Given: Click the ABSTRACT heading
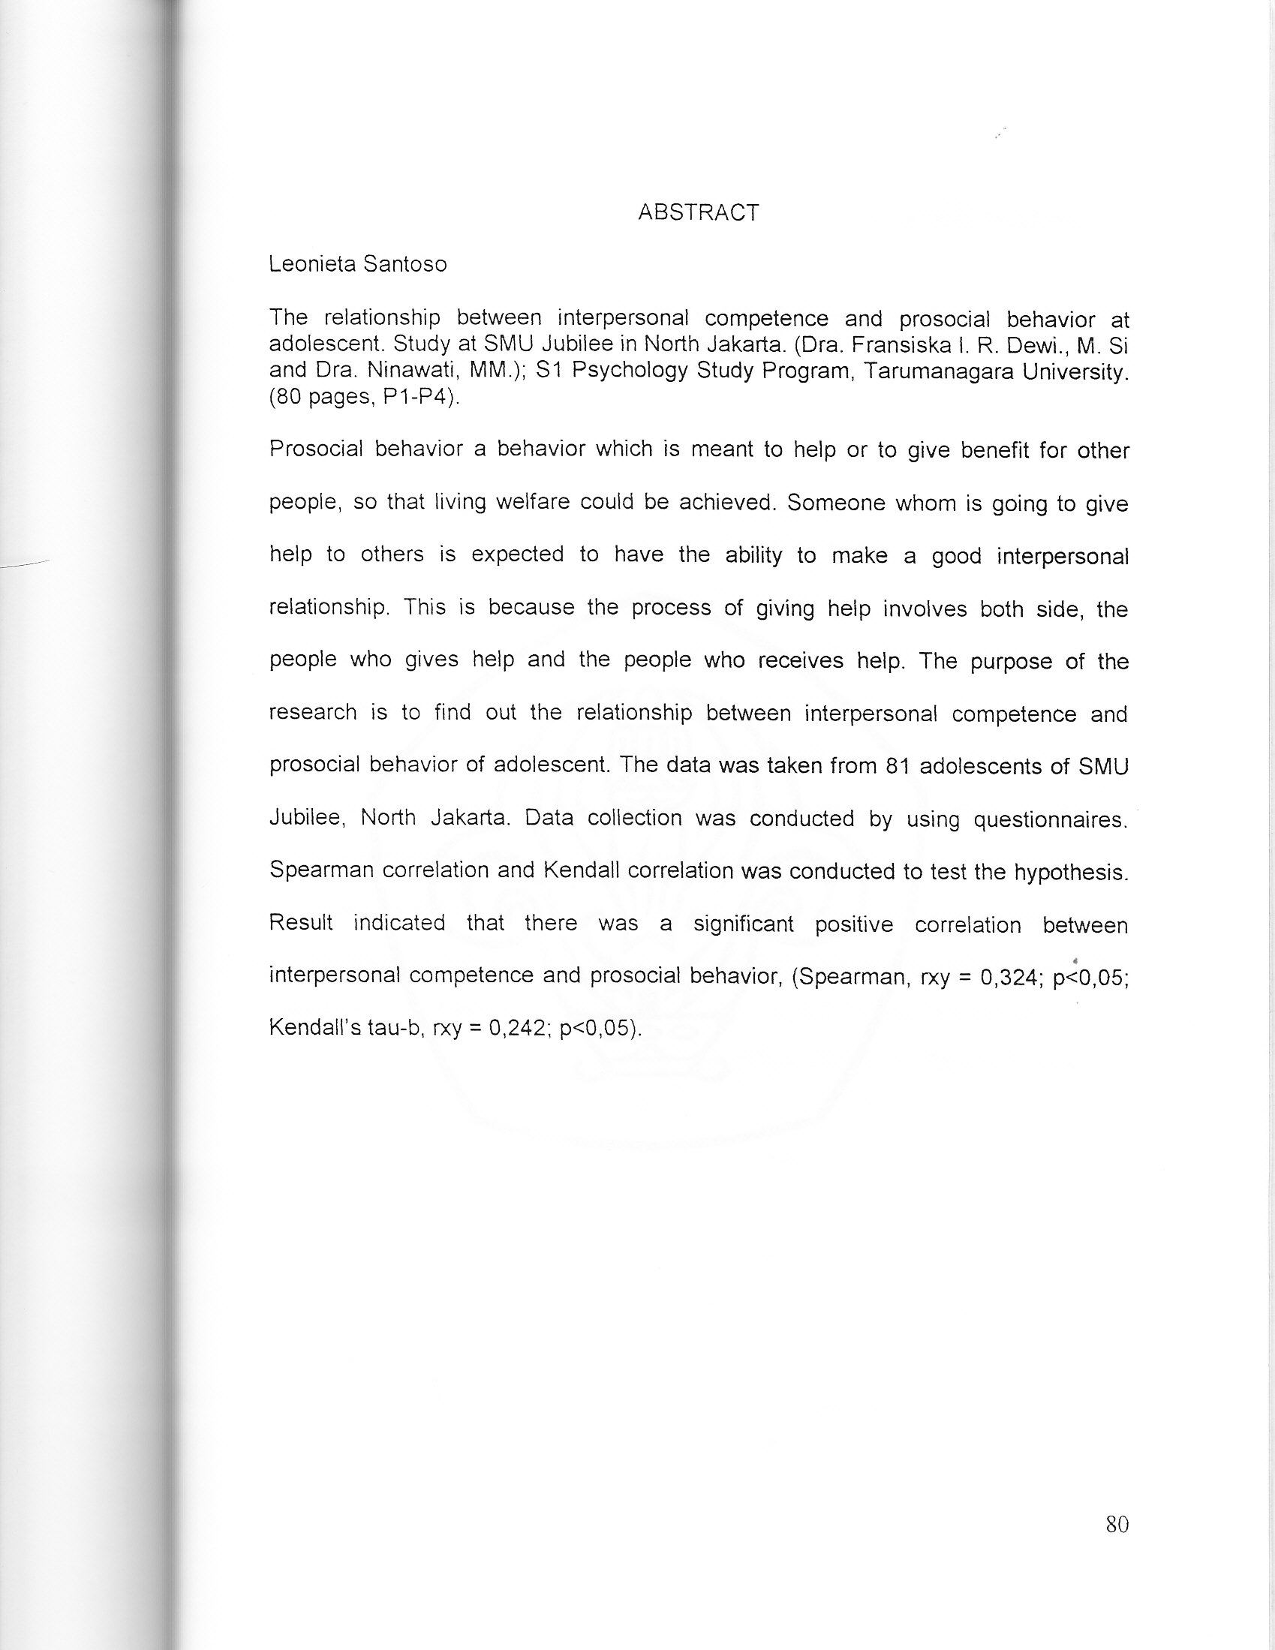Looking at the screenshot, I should (698, 213).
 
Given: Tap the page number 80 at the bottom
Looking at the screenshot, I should (1117, 1524).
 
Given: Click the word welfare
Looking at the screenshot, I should (532, 503).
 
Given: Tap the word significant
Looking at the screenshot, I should (744, 924).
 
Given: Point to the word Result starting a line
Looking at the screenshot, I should (301, 923).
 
